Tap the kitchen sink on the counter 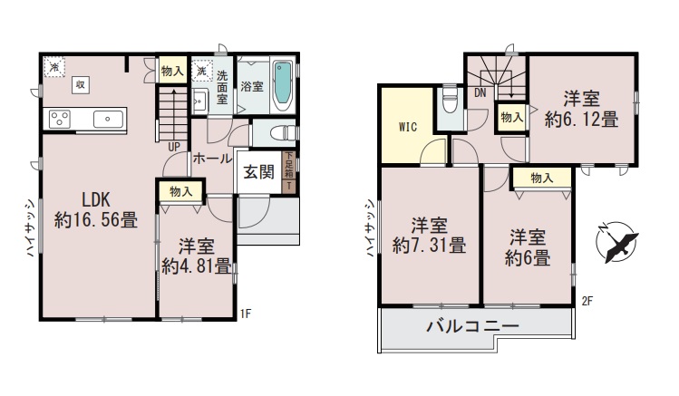108,119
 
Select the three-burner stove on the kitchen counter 60,119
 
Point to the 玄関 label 258,172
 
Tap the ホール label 212,159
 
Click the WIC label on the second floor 407,127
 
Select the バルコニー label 472,325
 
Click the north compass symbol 616,242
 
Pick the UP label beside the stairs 174,147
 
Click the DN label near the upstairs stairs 480,92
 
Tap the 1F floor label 246,314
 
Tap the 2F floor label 587,301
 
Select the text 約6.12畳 581,120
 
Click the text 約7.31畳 429,246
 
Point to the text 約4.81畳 196,266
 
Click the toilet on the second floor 451,102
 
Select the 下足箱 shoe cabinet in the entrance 289,171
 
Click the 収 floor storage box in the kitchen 81,84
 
